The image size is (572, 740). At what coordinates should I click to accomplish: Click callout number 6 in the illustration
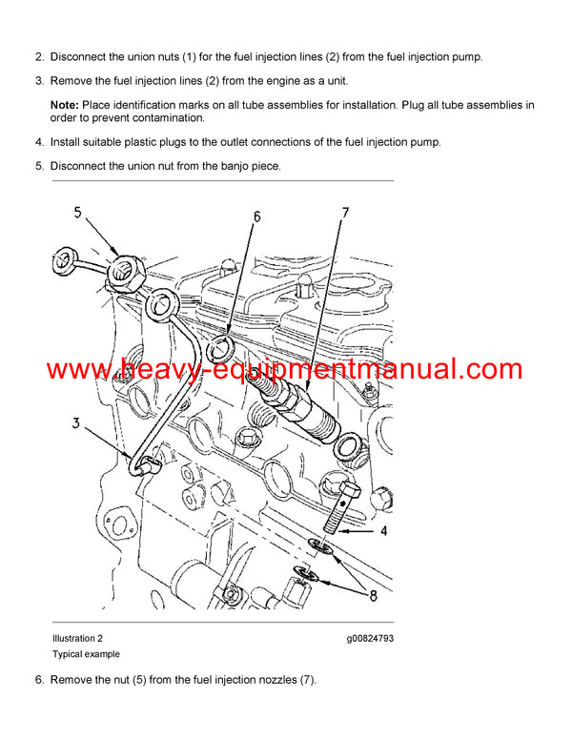point(256,217)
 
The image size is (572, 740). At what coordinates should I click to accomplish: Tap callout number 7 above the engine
point(346,211)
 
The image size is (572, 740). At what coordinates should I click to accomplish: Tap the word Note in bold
point(65,103)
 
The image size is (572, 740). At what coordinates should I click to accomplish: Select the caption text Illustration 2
point(77,637)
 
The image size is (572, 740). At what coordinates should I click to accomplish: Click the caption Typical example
point(86,654)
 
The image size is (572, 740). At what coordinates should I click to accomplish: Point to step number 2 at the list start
point(39,56)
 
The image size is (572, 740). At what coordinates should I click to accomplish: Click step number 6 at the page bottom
point(39,679)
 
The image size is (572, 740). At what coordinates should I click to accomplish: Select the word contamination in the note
point(168,118)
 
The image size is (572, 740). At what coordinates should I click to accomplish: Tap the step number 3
point(39,80)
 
